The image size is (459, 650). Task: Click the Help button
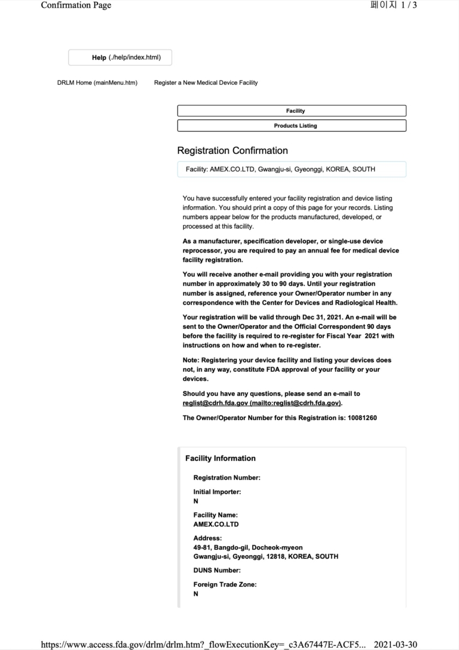(120, 57)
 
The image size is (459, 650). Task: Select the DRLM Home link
(97, 82)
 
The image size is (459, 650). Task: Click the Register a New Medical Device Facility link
(206, 82)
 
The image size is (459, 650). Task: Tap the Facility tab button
(292, 111)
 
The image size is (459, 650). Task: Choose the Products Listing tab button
(292, 126)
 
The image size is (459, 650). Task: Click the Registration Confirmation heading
(232, 151)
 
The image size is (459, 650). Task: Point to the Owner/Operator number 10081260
(362, 418)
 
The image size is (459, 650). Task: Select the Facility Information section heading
(220, 458)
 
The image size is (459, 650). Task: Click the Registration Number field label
(227, 478)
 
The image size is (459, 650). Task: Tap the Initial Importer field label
(217, 492)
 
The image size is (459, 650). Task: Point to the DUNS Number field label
(217, 571)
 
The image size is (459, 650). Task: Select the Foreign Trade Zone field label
(225, 585)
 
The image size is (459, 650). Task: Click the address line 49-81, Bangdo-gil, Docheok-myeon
(247, 547)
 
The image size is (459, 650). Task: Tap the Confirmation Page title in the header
(76, 5)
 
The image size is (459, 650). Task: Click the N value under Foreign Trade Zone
(196, 594)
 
